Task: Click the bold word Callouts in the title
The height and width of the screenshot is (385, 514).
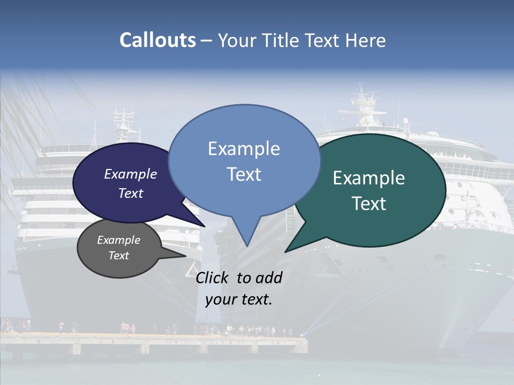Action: tap(157, 40)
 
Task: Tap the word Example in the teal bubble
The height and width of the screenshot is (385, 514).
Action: tap(369, 178)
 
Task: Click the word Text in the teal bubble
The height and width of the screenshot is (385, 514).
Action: tap(369, 204)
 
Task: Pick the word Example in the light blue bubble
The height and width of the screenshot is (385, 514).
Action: tap(244, 149)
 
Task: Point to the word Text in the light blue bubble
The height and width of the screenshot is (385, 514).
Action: tap(244, 174)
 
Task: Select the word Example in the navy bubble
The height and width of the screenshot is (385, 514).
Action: tap(130, 174)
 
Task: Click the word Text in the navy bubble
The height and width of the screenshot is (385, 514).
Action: tap(131, 193)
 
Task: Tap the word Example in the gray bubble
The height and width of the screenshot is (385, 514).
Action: tap(118, 240)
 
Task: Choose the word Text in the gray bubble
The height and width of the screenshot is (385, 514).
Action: tap(119, 256)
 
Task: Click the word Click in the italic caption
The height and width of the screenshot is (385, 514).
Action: tap(213, 278)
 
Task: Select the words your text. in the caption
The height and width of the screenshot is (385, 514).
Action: tap(239, 299)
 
